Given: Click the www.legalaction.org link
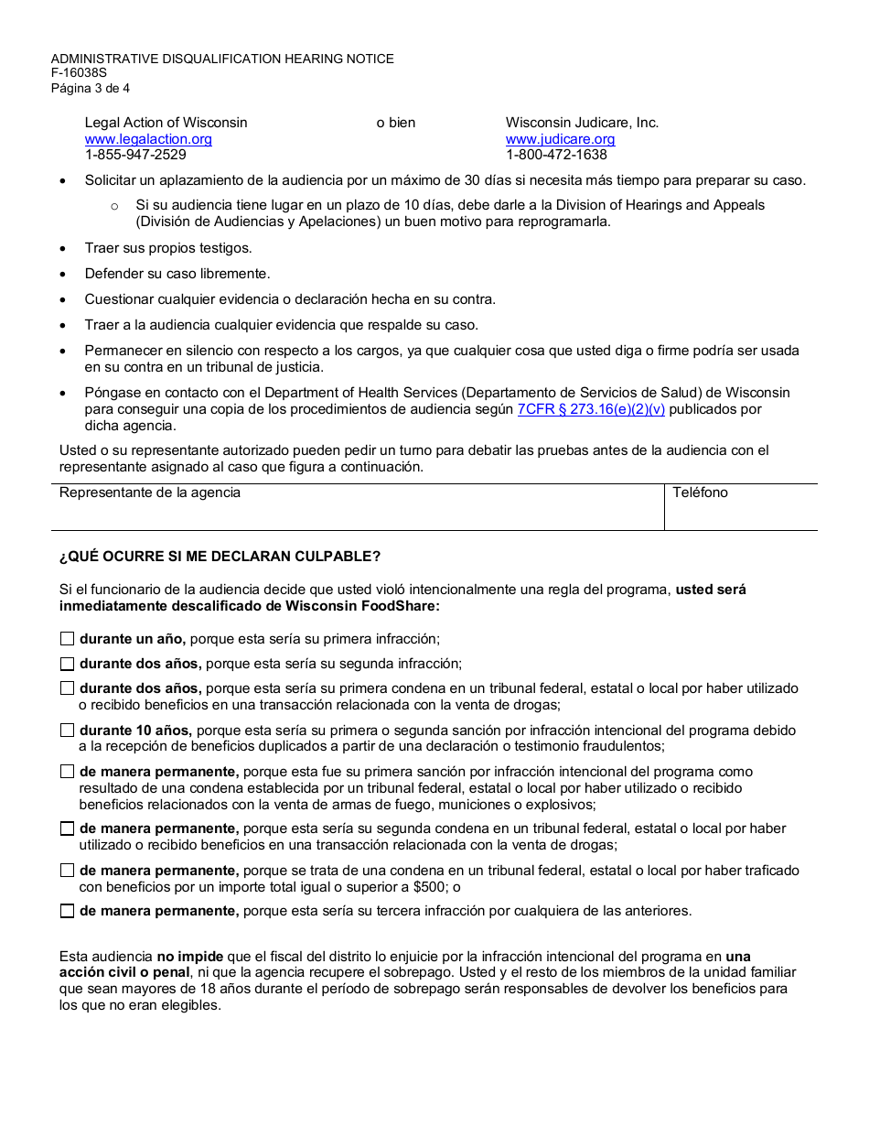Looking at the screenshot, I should tap(148, 139).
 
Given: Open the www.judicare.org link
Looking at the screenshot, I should tap(560, 139).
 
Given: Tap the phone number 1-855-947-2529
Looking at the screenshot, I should tap(135, 155).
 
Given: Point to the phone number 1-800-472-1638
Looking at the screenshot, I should tap(556, 155).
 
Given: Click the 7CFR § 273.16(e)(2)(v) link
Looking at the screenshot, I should tap(591, 410).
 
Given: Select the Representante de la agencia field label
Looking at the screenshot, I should tap(150, 493).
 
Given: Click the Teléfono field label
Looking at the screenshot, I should tap(700, 493).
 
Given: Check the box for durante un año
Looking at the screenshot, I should tap(67, 639).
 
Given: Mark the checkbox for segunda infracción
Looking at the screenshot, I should tap(67, 664).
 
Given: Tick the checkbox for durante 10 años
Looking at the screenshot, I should tap(67, 731).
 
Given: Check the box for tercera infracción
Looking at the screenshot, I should tap(67, 912).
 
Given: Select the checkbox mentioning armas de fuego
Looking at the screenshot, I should tap(67, 772).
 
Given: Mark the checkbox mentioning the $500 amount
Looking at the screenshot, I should tap(67, 871).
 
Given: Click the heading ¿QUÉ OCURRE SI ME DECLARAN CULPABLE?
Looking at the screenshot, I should tap(220, 557).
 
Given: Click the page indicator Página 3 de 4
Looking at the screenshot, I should tap(90, 89).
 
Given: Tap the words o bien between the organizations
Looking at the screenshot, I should tap(396, 123).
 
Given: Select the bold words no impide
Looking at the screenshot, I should tap(190, 957).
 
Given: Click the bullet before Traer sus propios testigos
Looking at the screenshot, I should tap(62, 248).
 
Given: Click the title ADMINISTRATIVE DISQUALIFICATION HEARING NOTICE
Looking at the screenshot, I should tap(222, 59).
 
